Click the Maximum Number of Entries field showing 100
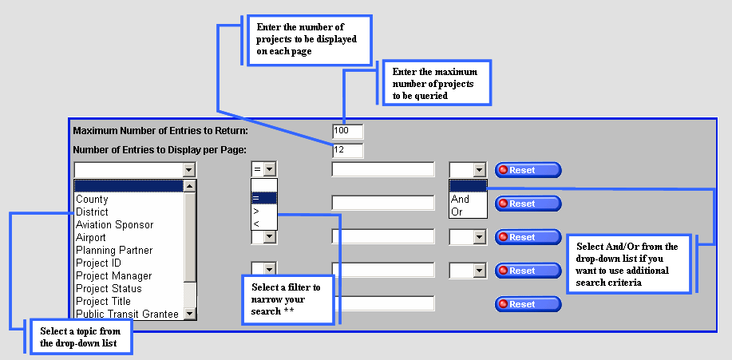347,131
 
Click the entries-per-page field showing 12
347,150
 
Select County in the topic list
92,200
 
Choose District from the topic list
92,212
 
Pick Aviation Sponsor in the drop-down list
114,225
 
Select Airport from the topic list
91,238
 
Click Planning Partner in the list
114,251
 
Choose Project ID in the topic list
98,263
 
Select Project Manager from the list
113,276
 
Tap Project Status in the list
109,289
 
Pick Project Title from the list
103,302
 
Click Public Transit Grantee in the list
127,315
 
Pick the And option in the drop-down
461,200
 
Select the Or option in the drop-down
457,212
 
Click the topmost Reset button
528,170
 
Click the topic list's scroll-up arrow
190,186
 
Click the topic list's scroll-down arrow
190,314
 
